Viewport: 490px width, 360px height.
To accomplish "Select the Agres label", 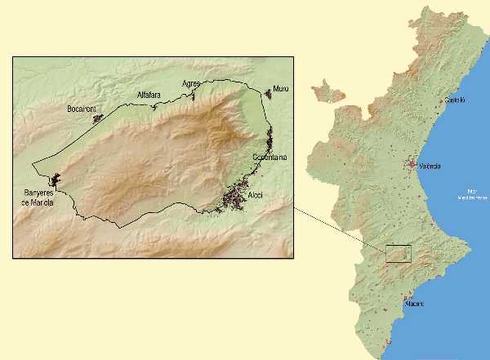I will pos(192,83).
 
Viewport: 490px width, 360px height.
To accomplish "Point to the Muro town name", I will pos(281,88).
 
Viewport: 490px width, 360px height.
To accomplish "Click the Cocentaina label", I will pos(269,157).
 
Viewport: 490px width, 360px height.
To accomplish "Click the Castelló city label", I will pos(455,100).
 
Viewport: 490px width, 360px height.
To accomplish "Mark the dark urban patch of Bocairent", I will pos(99,118).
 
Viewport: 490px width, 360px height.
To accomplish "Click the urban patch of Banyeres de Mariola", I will pos(56,180).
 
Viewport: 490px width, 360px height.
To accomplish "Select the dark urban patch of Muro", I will pos(267,95).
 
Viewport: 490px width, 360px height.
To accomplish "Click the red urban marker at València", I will pos(412,164).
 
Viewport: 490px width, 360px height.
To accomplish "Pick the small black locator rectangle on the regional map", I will pos(399,254).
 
